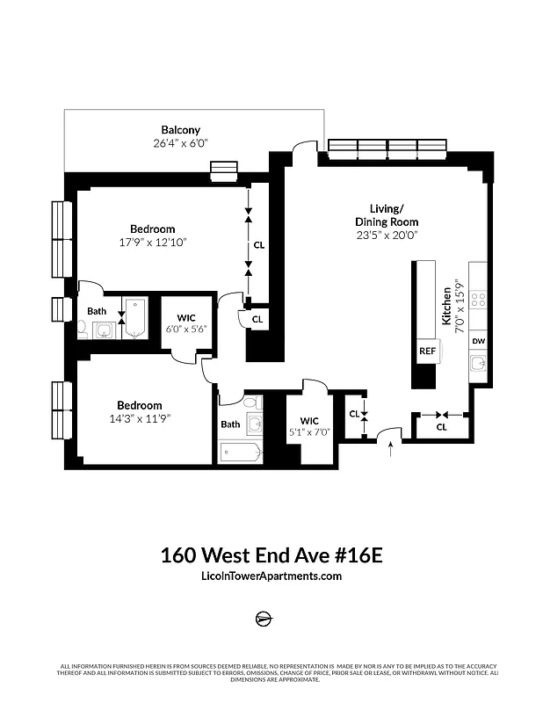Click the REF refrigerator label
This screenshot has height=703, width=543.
pos(427,351)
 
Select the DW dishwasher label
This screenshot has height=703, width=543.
pos(479,341)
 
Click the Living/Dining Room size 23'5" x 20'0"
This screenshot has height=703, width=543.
pos(387,235)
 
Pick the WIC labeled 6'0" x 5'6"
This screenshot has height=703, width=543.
pos(185,329)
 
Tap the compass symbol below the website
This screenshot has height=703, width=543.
pos(264,618)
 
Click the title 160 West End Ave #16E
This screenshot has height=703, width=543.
pos(271,555)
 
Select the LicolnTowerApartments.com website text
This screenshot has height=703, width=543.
pos(271,576)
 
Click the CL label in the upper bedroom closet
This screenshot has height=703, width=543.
pos(258,245)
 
